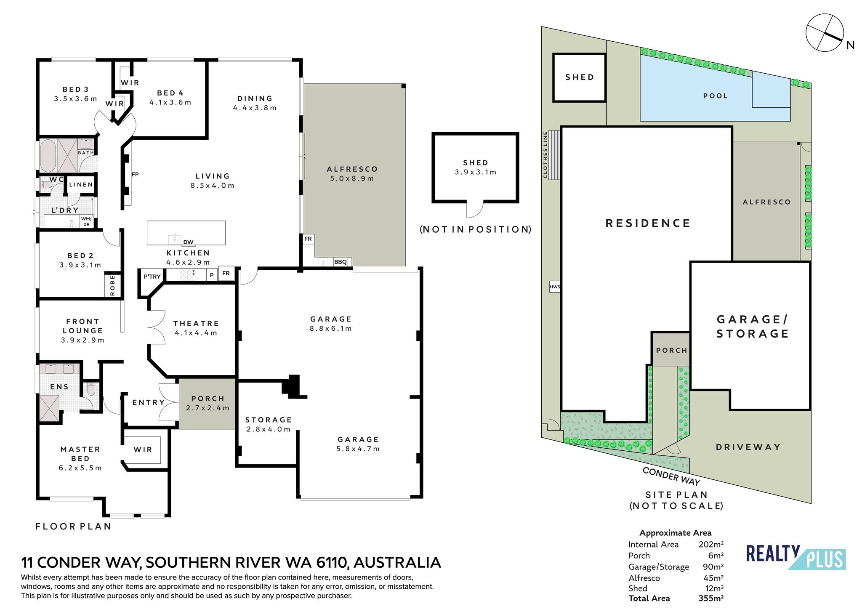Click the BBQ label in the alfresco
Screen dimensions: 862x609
point(340,262)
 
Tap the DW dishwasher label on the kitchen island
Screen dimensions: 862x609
point(188,242)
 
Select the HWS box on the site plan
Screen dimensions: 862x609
point(555,287)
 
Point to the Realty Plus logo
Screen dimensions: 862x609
point(796,558)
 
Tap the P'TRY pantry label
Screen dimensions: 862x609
point(152,277)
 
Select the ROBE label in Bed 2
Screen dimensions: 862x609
point(112,286)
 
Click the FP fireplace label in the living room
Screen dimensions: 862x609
point(135,174)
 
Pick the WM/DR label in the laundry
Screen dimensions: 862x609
point(86,221)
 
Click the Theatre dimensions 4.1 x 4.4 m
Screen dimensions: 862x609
point(196,333)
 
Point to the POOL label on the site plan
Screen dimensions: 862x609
point(716,96)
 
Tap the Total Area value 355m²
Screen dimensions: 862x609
point(711,598)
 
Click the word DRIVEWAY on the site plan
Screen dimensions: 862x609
point(748,447)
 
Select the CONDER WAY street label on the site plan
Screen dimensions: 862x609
point(671,476)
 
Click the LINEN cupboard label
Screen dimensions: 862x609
point(81,184)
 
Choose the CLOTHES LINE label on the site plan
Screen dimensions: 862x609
point(545,154)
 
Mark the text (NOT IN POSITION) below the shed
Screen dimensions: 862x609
point(476,229)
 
